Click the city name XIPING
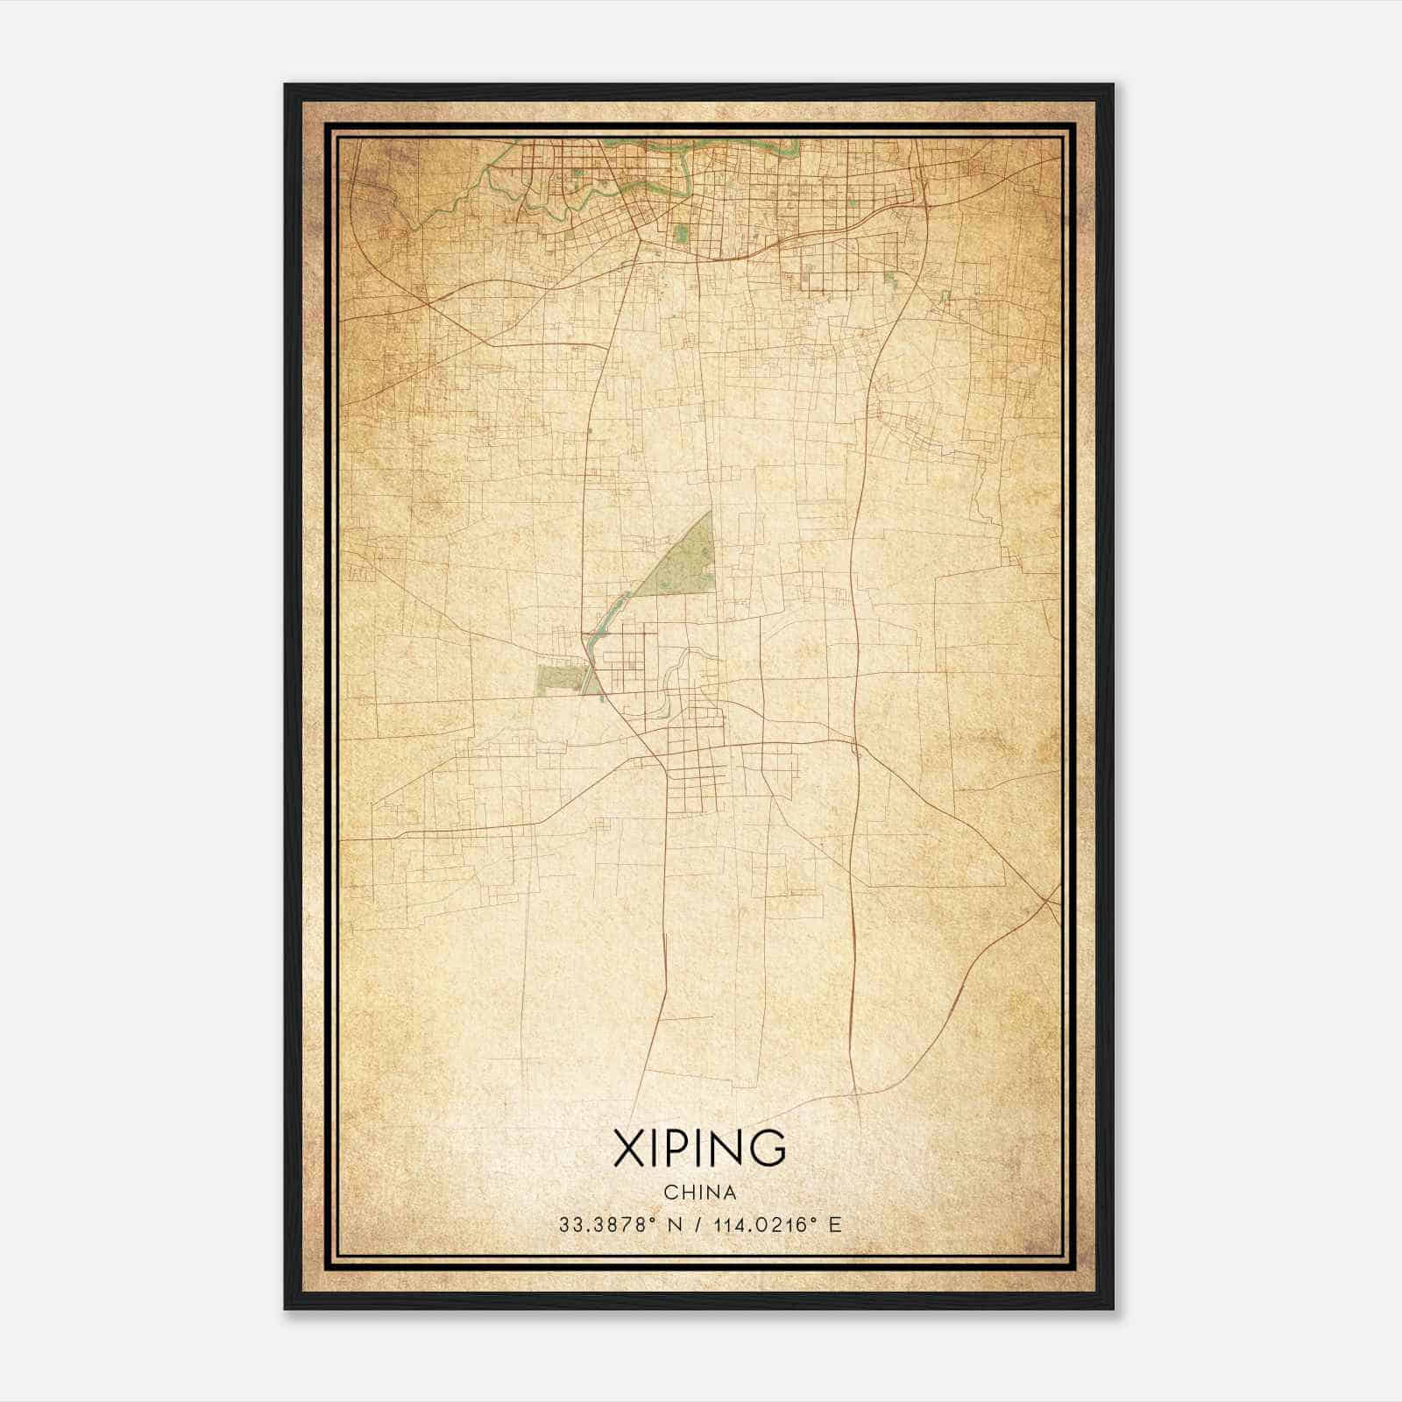[699, 1147]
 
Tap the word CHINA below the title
[699, 1193]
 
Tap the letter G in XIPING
[767, 1147]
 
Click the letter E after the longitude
[835, 1225]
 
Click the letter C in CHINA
[669, 1193]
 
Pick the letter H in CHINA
[686, 1193]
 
